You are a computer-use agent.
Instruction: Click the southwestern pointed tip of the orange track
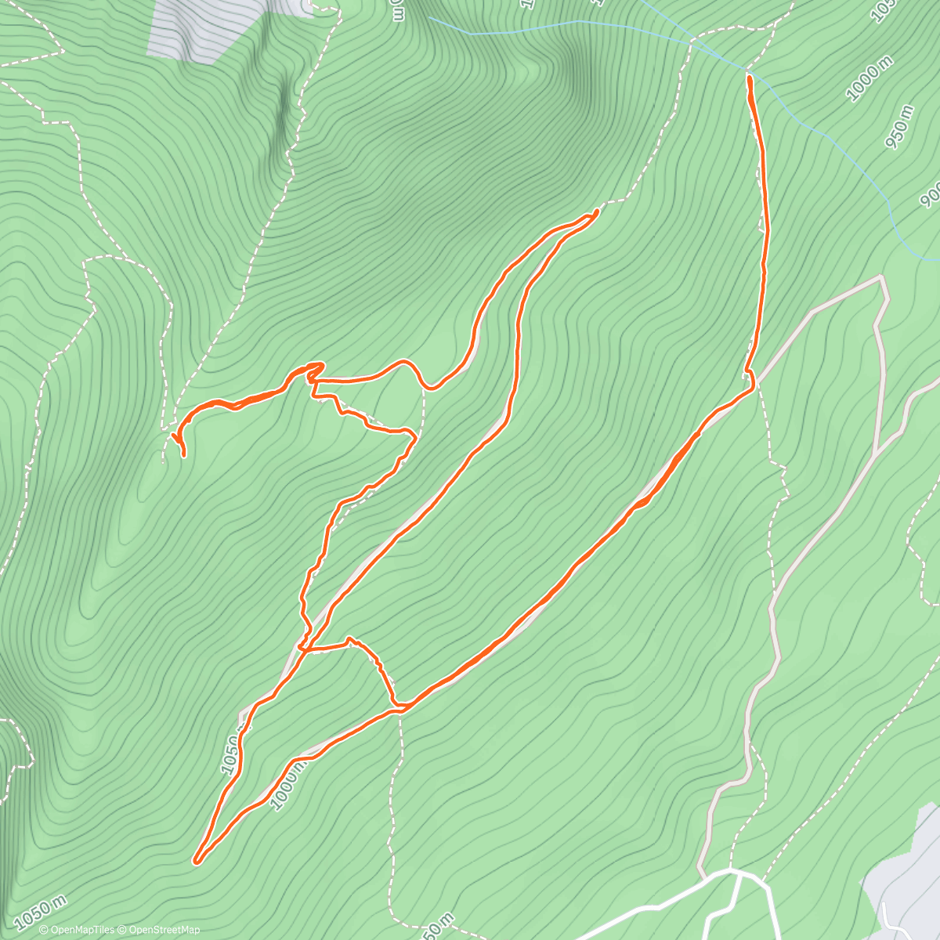(196, 862)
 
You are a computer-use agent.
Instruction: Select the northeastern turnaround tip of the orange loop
(597, 211)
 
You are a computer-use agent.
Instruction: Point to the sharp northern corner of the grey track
(882, 277)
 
